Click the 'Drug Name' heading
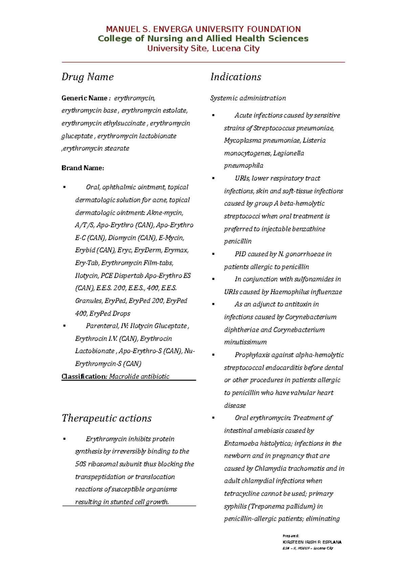point(87,77)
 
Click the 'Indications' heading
point(235,77)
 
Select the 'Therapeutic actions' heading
point(106,419)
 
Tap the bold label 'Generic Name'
point(84,98)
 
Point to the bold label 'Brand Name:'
point(83,168)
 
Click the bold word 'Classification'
point(84,377)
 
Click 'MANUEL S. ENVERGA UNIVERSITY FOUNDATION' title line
point(203,29)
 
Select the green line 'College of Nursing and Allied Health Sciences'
point(203,39)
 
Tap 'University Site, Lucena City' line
point(203,48)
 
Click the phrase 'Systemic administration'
point(248,98)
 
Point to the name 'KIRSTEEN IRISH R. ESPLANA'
point(312,542)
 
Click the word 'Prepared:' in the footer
point(291,536)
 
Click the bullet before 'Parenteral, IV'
point(64,326)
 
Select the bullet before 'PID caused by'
point(213,254)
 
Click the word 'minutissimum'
point(245,342)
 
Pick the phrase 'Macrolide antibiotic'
point(139,377)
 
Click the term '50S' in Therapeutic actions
point(81,464)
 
